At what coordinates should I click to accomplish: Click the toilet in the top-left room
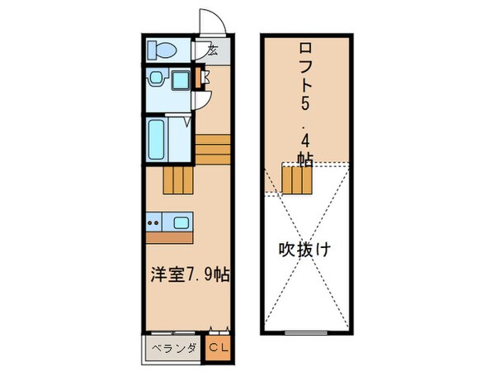point(163,50)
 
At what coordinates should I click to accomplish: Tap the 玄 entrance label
point(212,50)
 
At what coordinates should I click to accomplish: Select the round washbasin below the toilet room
point(155,79)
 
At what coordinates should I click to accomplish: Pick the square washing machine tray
point(179,79)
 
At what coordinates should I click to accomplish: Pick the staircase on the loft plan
point(297,177)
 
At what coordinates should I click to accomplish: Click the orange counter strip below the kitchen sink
point(170,235)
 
